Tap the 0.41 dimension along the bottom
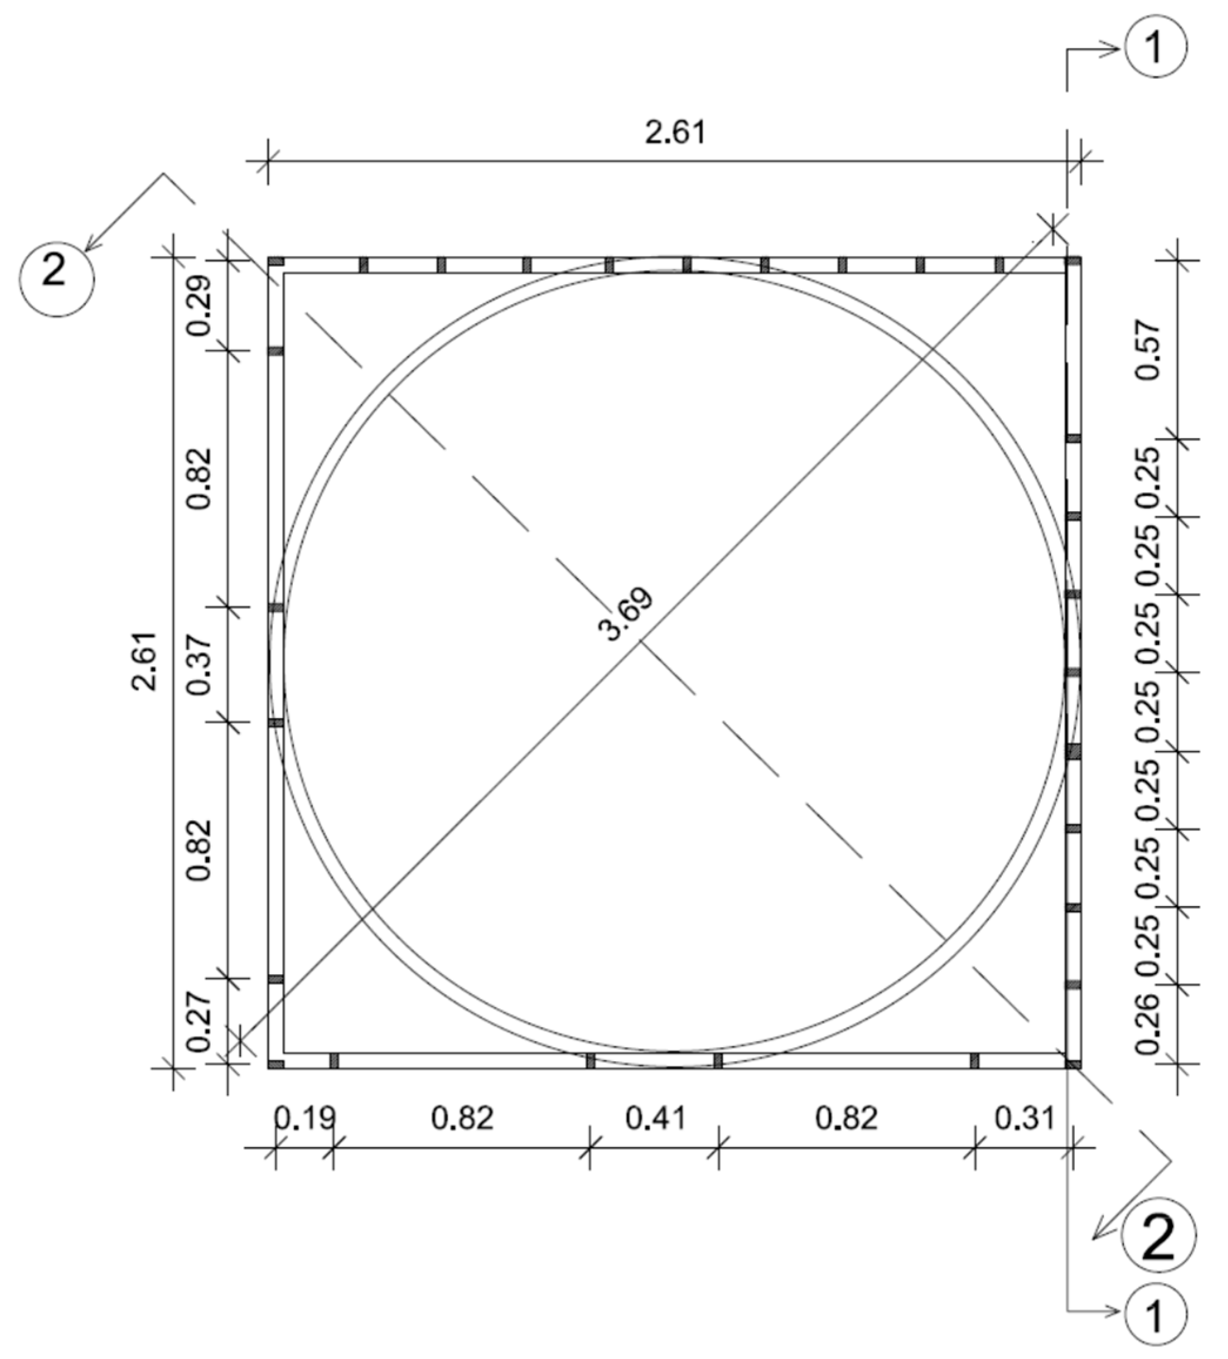click(655, 1118)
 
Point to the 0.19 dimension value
click(304, 1118)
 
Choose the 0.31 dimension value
click(1024, 1118)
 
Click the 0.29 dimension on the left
click(200, 305)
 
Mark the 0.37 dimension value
click(200, 665)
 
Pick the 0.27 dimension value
click(200, 1022)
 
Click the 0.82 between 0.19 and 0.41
click(462, 1118)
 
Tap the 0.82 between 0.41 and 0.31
click(847, 1118)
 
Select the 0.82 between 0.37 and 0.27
click(200, 851)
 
